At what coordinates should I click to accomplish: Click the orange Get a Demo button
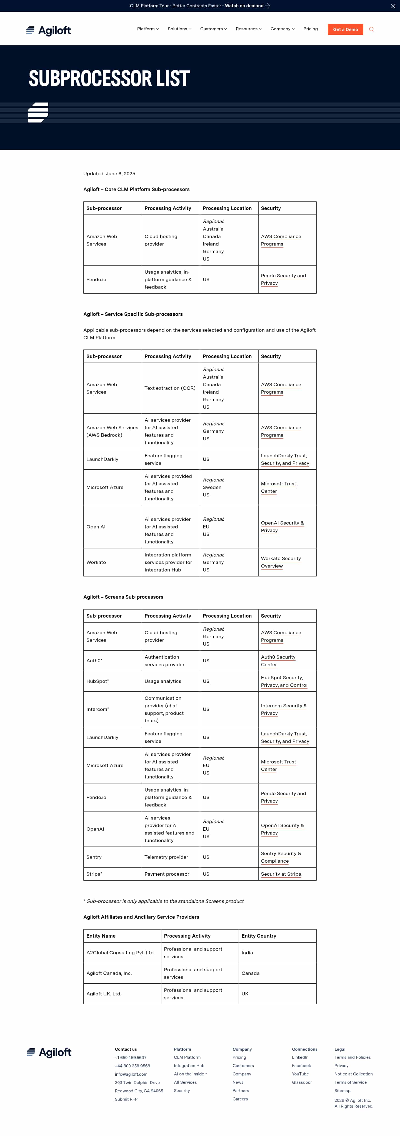(345, 29)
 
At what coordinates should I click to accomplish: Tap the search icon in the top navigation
(371, 29)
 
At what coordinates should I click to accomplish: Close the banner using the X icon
(393, 6)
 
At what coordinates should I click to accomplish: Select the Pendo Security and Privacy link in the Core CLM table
(283, 279)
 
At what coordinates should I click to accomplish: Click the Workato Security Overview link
(281, 562)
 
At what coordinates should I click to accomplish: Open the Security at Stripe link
(281, 874)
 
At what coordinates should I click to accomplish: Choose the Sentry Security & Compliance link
(281, 857)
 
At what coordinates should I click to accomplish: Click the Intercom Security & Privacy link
(284, 709)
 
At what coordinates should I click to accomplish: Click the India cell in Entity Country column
(247, 953)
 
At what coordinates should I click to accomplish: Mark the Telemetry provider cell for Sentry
(166, 857)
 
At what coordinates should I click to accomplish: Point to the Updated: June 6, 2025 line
(109, 174)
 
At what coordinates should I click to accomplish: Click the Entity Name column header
(101, 936)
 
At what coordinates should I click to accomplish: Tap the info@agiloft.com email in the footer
(131, 1074)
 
